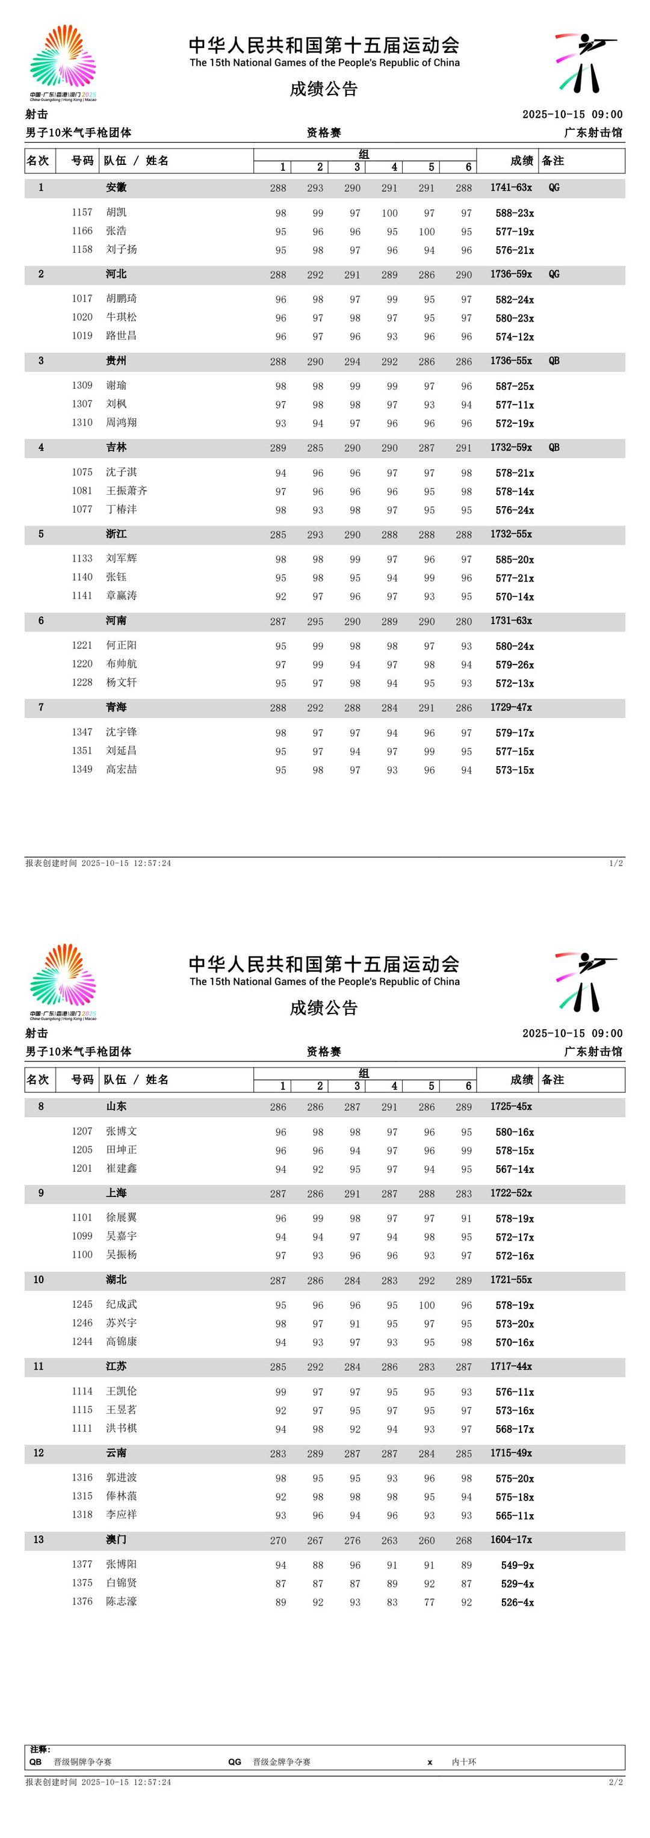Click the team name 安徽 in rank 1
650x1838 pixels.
(116, 188)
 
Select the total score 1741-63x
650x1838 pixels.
(511, 188)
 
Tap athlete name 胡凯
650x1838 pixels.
(116, 212)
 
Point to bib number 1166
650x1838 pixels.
(82, 231)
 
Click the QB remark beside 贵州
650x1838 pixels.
(554, 361)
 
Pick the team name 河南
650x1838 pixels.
(116, 620)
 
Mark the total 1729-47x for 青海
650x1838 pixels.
(511, 707)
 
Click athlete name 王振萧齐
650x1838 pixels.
(127, 491)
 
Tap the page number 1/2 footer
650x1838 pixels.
(616, 864)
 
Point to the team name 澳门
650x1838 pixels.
(116, 1539)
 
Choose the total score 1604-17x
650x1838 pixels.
(511, 1539)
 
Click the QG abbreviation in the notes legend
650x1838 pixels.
(235, 1762)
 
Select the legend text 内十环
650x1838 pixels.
(464, 1762)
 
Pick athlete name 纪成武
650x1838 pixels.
(122, 1304)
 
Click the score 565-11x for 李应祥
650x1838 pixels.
(515, 1515)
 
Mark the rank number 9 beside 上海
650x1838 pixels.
(41, 1193)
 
